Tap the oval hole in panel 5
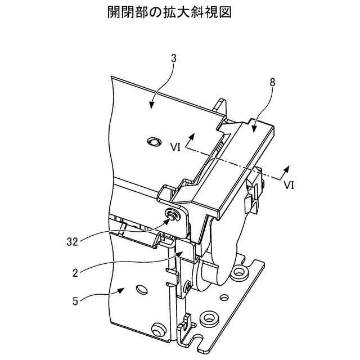pyautogui.click(x=139, y=289)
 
